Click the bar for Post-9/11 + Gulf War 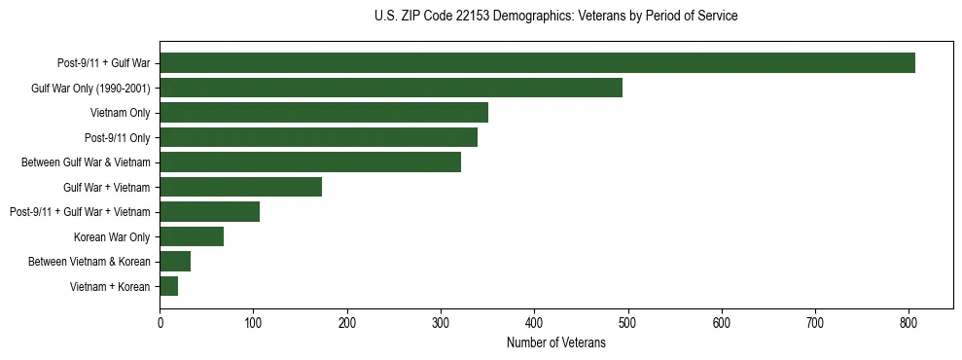537,63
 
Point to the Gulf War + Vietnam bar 240,187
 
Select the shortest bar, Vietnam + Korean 169,286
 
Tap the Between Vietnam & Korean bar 175,262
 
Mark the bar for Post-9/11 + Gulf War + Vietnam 209,212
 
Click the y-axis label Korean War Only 112,236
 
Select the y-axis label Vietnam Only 120,113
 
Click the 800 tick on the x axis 909,322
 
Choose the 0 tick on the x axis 160,322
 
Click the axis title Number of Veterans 555,343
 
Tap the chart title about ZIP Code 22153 555,17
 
